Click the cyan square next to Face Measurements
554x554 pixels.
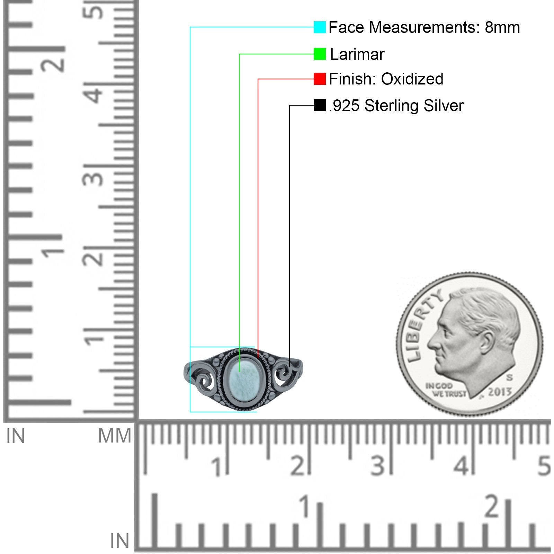[x=320, y=27]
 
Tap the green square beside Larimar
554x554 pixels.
[x=320, y=54]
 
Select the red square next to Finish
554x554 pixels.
[x=320, y=79]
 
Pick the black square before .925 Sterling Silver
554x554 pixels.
[x=320, y=105]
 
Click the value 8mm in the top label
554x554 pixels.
[x=502, y=27]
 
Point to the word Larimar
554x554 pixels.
[x=357, y=54]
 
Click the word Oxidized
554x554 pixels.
[x=412, y=79]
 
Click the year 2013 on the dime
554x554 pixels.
[x=500, y=392]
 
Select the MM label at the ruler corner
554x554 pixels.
[x=115, y=436]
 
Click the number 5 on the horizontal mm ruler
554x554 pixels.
[x=544, y=466]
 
